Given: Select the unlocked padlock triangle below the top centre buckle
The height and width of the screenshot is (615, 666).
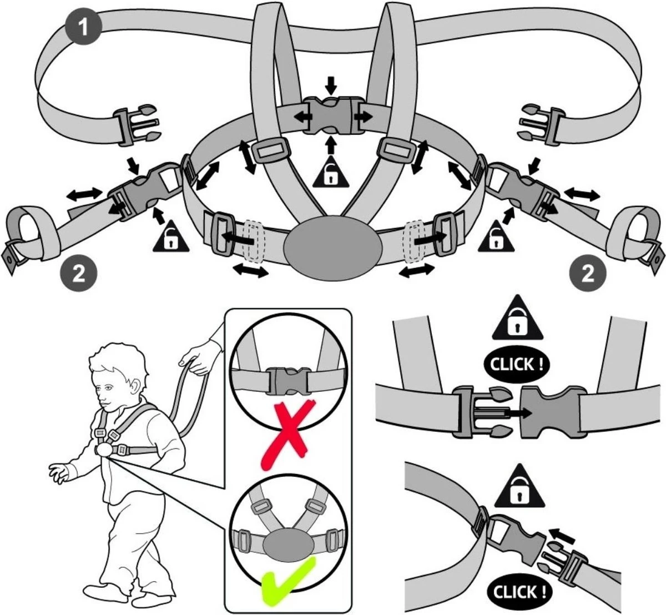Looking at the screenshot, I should [331, 173].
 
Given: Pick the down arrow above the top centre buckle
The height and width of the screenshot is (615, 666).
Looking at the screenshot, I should [331, 85].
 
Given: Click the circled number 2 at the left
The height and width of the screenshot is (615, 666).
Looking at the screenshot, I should [79, 274].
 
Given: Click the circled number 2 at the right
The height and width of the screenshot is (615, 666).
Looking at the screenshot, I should [587, 273].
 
